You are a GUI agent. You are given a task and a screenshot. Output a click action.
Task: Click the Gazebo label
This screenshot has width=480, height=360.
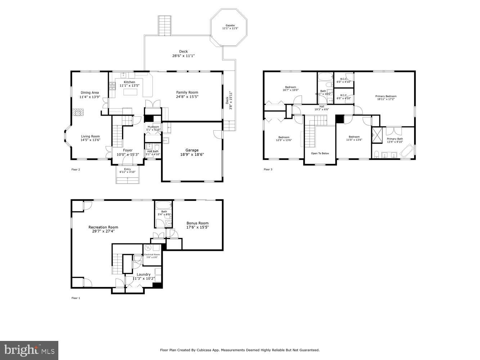pyautogui.click(x=230, y=26)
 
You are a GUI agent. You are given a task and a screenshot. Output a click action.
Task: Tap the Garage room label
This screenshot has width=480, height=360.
pyautogui.click(x=192, y=150)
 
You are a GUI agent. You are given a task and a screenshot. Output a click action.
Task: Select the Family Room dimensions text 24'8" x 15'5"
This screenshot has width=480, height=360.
pyautogui.click(x=187, y=96)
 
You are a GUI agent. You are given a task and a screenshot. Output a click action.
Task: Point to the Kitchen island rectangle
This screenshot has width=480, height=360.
pyautogui.click(x=131, y=92)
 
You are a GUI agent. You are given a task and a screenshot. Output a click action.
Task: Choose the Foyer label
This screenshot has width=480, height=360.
pyautogui.click(x=128, y=150)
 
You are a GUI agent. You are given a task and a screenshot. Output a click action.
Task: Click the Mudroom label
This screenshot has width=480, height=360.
pyautogui.click(x=153, y=127)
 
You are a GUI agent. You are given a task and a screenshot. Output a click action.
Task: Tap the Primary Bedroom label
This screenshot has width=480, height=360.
pyautogui.click(x=386, y=96)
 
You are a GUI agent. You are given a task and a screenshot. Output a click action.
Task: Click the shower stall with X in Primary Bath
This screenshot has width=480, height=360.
pyautogui.click(x=377, y=135)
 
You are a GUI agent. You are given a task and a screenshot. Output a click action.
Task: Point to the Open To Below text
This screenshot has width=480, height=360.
pyautogui.click(x=320, y=153)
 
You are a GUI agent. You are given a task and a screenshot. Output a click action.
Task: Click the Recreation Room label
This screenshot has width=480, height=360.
pyautogui.click(x=103, y=227)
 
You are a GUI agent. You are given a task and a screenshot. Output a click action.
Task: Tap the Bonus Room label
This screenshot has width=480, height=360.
pyautogui.click(x=197, y=223)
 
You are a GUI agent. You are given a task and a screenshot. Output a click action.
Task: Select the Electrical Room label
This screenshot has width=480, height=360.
pyautogui.click(x=152, y=255)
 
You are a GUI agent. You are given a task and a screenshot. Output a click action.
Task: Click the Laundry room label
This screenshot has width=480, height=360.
pyautogui.click(x=144, y=274)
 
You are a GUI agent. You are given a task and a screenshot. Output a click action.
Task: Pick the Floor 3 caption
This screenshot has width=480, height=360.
pyautogui.click(x=268, y=169)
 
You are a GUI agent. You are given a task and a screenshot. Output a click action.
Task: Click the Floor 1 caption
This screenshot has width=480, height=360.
pyautogui.click(x=76, y=298)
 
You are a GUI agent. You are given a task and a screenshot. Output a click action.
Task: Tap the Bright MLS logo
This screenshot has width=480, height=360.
pyautogui.click(x=30, y=350)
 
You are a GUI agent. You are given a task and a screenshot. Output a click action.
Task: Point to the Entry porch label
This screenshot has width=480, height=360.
pyautogui.click(x=127, y=169)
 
